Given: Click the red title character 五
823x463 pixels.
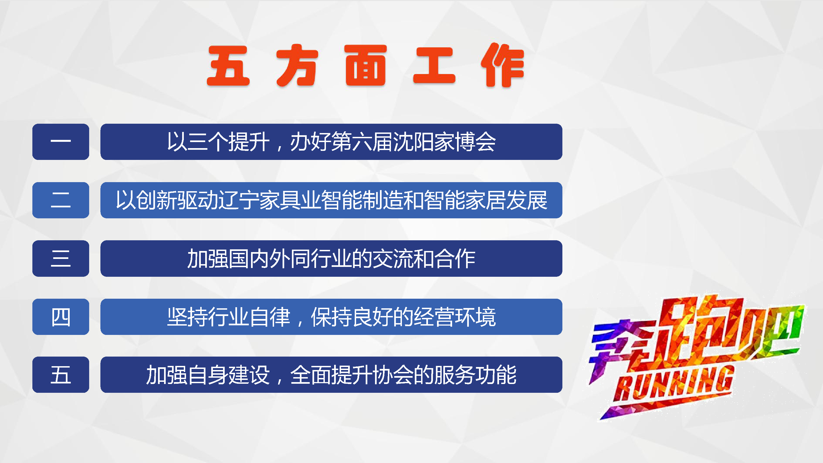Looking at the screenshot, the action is (x=228, y=66).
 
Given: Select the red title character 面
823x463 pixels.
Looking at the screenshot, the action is (x=365, y=65).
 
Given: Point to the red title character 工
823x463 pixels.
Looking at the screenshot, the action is (x=434, y=65).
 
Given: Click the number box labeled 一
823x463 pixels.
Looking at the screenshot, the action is (x=61, y=142).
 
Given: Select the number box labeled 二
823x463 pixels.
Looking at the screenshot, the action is (x=61, y=200).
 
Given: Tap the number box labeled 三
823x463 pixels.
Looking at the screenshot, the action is (x=61, y=258).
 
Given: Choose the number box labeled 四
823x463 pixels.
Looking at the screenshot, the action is (x=61, y=317).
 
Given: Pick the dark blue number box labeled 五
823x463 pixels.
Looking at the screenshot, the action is (x=61, y=374).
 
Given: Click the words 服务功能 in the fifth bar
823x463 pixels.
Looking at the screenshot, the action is (x=475, y=375).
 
